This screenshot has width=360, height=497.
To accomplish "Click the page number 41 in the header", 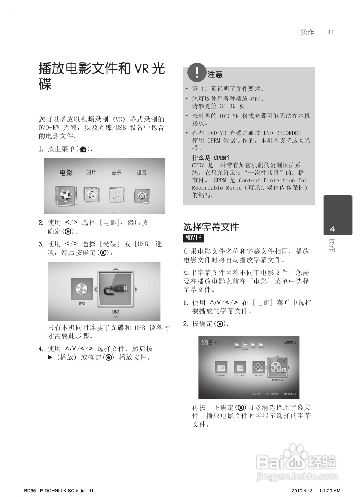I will pos(330,32).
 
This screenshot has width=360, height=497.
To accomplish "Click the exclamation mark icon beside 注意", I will pos(197,72).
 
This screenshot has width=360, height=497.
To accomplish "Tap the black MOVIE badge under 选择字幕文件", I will pos(193,238).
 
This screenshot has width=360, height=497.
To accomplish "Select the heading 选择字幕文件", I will pos(211,227).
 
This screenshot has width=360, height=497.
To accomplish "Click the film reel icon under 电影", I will pos(66,195).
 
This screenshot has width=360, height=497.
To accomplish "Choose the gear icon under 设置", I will pos(142,196).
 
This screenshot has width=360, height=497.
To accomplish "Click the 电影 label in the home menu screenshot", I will pos(66,173).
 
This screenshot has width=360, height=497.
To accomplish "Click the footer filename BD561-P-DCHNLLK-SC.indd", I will pos(54,491).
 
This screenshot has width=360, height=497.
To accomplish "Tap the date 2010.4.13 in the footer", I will pos(302,491).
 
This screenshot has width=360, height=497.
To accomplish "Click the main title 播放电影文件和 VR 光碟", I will pos(101,76).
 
